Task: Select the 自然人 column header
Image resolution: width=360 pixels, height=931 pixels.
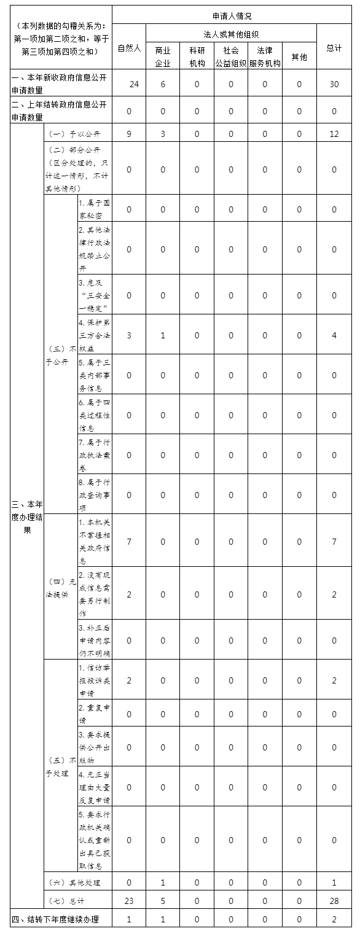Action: coord(129,48)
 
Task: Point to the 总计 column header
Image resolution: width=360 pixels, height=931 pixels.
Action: coord(334,48)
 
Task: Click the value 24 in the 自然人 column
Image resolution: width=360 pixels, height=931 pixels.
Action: coord(133,84)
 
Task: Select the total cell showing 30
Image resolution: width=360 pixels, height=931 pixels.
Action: coord(334,84)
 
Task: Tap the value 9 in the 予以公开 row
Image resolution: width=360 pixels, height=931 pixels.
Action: coord(129,134)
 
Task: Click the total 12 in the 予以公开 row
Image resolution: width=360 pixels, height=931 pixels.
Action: coord(334,134)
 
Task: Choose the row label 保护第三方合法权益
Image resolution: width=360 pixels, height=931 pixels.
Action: coord(94,335)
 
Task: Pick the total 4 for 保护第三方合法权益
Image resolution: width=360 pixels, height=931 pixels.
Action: coord(334,335)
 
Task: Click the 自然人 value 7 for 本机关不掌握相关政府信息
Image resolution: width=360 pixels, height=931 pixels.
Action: coord(129,542)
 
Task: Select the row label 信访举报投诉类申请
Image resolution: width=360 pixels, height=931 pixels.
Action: coord(94,680)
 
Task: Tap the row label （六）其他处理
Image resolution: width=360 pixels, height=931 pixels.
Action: coord(74,882)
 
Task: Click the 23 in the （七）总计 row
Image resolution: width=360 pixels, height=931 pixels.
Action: coord(129,901)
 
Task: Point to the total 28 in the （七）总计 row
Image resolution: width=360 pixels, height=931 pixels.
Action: coord(334,901)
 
